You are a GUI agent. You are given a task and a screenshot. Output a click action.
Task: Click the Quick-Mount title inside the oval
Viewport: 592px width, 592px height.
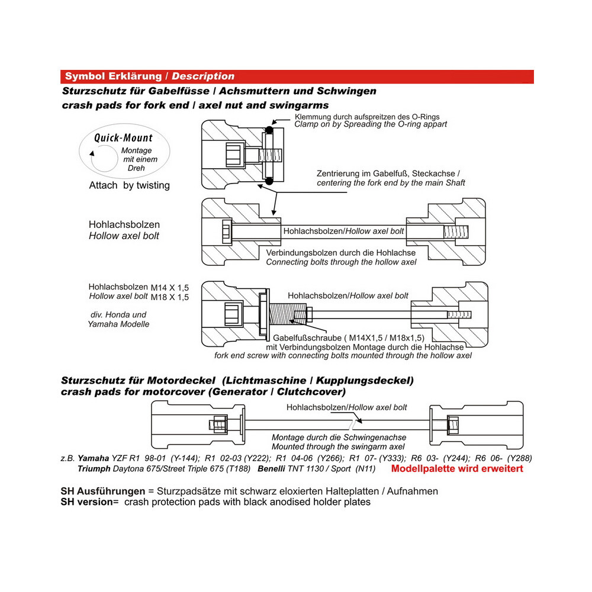(x=123, y=138)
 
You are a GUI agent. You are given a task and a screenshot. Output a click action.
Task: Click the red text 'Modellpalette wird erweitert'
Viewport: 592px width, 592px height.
(x=457, y=468)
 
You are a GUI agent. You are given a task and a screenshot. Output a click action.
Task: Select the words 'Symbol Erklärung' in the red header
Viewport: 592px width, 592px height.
(x=112, y=76)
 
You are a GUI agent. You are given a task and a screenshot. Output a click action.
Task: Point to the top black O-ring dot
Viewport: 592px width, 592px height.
(x=270, y=129)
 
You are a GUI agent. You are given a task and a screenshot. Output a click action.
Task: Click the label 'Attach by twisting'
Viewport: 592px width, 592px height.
(x=129, y=185)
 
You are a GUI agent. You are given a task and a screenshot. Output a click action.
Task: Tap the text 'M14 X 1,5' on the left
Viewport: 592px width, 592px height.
(x=170, y=287)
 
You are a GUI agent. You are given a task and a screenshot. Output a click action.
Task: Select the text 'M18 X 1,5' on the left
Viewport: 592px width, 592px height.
(x=170, y=297)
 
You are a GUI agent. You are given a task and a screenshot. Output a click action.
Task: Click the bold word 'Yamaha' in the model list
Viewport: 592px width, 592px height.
(x=94, y=458)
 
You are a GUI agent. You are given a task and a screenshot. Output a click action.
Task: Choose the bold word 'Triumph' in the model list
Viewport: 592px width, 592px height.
(x=94, y=468)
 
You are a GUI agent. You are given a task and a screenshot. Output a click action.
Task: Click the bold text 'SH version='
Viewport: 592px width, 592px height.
(x=89, y=502)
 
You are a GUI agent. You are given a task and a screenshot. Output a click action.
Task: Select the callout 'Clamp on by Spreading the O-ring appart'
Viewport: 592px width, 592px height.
(x=371, y=124)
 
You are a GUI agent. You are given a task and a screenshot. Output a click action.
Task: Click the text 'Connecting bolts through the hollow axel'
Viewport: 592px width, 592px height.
(x=341, y=262)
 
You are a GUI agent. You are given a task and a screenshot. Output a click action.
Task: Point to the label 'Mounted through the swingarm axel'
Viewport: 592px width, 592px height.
(x=338, y=446)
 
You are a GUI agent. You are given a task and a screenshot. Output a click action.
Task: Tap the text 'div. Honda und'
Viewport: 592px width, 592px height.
(x=117, y=314)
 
